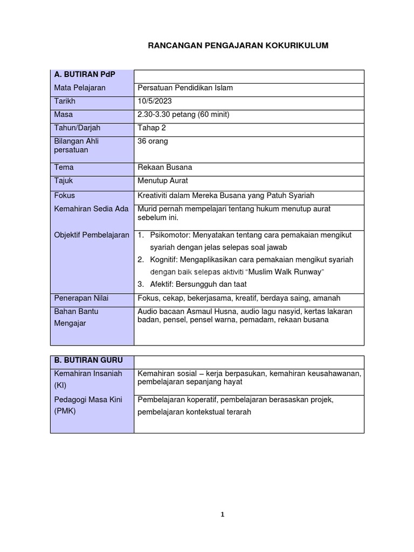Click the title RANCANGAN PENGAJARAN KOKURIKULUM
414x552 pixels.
(x=238, y=46)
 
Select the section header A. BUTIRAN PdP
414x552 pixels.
(x=78, y=74)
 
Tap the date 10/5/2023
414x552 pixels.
(x=156, y=101)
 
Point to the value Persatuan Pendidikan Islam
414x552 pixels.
(x=185, y=88)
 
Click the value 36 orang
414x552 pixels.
(x=153, y=142)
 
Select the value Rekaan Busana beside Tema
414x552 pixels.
(x=165, y=168)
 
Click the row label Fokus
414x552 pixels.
(x=64, y=196)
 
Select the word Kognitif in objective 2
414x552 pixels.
(x=164, y=260)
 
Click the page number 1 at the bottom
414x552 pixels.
(x=222, y=515)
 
